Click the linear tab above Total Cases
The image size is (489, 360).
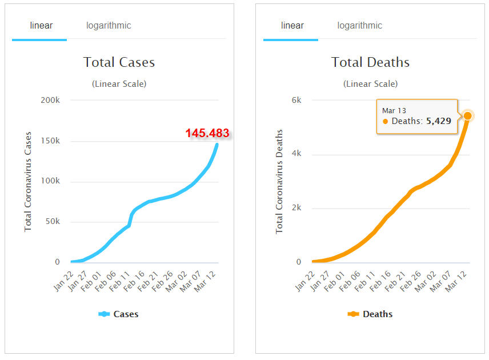tap(41, 26)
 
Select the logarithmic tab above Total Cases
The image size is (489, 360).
tap(109, 26)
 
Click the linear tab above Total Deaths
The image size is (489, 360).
tap(292, 26)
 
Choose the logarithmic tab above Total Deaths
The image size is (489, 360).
tap(360, 26)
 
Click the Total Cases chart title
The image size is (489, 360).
tap(119, 62)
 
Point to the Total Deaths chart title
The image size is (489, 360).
tap(370, 62)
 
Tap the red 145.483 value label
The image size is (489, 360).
tap(207, 134)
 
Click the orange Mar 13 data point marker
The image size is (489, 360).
tap(467, 116)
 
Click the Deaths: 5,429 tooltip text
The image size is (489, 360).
tap(421, 121)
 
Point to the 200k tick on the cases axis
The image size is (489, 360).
tap(50, 100)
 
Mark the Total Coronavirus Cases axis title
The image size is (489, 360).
tap(28, 182)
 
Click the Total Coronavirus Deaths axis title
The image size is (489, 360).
tap(279, 182)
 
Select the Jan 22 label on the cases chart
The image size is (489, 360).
tap(64, 281)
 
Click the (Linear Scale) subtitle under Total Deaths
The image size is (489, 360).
tap(370, 84)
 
